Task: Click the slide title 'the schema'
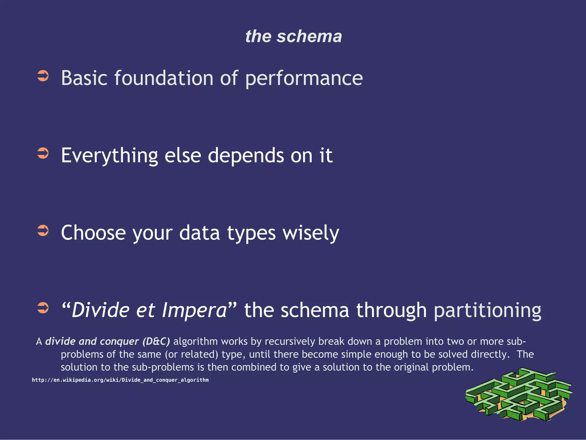pos(293,36)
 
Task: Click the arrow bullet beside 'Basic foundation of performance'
pos(43,76)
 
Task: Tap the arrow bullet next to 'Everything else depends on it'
pos(43,153)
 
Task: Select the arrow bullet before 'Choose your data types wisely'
pos(43,231)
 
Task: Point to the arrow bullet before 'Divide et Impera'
pos(43,308)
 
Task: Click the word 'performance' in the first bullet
pos(304,78)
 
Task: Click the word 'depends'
pos(246,156)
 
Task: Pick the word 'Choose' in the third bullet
pos(93,233)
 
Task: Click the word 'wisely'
pos(311,233)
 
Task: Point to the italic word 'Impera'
pos(195,310)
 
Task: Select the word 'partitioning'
pos(487,310)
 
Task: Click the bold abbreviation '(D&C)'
pos(156,341)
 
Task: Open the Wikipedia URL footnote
pos(120,380)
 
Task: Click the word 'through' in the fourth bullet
pos(391,310)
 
